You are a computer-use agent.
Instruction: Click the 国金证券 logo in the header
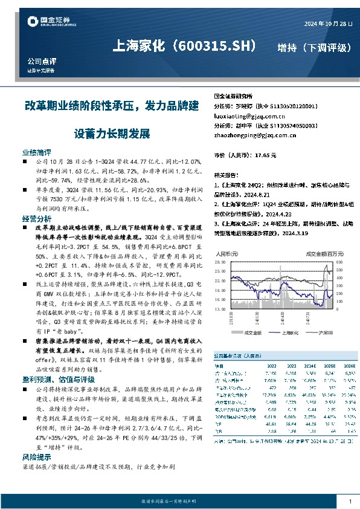(x=51, y=23)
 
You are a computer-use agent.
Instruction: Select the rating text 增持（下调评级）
(x=313, y=48)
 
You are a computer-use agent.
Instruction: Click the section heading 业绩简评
(x=37, y=154)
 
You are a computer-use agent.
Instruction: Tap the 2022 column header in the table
(x=271, y=365)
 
